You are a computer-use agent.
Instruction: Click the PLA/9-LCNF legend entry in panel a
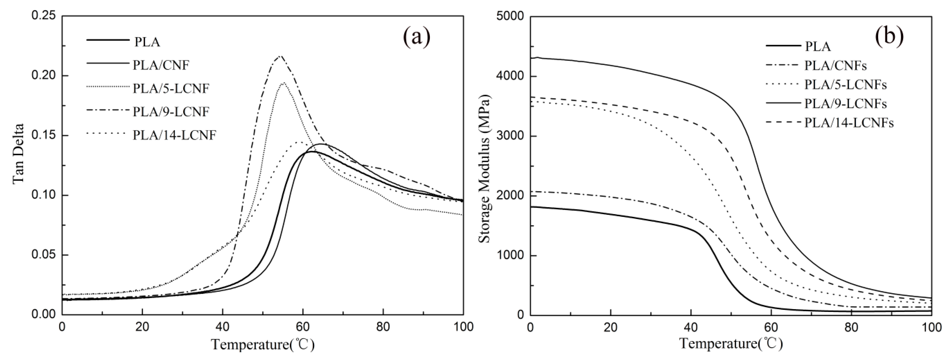click(171, 111)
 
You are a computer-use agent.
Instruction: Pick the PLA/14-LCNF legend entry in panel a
click(174, 136)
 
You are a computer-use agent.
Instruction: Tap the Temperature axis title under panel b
click(730, 344)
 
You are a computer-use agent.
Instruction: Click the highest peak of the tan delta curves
click(280, 56)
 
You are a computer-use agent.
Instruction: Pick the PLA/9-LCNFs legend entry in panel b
click(845, 104)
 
